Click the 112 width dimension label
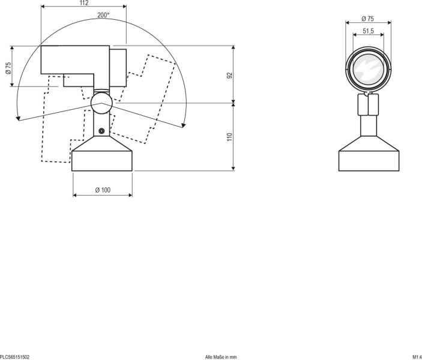click(x=83, y=3)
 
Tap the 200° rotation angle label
click(x=103, y=15)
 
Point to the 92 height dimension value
click(x=229, y=75)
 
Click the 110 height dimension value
click(x=229, y=137)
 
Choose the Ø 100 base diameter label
click(x=103, y=190)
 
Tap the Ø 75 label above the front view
click(x=368, y=19)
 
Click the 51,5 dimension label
click(x=368, y=31)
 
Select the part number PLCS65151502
click(x=15, y=356)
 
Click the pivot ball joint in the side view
click(x=101, y=103)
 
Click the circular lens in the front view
click(x=368, y=70)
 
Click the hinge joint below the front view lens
click(x=368, y=106)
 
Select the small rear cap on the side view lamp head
click(x=118, y=67)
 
